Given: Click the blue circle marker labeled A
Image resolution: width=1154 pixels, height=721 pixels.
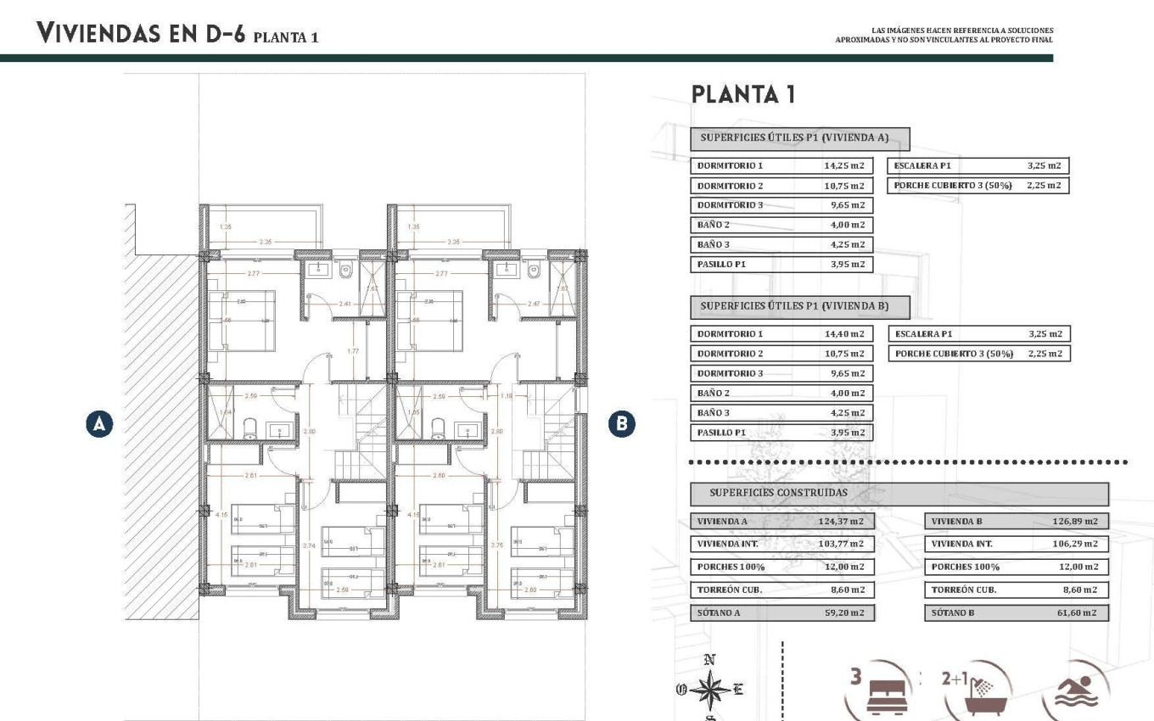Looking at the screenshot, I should coord(100,423).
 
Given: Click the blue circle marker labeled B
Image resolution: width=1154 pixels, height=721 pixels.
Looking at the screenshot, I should coord(623,423).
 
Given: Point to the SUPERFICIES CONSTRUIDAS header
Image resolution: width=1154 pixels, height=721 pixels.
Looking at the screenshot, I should coord(778,493).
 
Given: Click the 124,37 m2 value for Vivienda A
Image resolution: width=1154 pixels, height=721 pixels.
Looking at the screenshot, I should coord(843,522).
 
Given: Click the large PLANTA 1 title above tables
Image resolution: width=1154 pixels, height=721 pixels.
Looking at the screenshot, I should coord(743,94).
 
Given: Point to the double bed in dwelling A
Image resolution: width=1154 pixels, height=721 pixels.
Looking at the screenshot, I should coord(243,320).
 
